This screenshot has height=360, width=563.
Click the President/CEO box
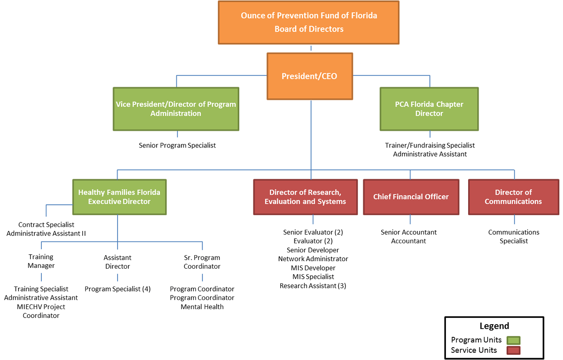point(310,76)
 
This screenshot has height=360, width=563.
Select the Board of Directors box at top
point(309,22)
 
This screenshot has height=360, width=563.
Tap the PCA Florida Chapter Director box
point(429,109)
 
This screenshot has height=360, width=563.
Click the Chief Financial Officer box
point(410,197)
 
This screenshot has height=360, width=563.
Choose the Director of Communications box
point(513,197)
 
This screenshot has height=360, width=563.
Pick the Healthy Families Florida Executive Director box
point(119,197)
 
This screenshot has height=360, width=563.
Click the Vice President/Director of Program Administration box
point(176,109)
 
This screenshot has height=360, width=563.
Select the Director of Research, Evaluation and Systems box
point(306,197)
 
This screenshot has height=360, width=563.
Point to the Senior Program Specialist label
point(177,146)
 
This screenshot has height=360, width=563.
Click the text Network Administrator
point(313,259)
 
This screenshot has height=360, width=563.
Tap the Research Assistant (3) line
point(313,286)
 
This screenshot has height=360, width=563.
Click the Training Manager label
point(41,261)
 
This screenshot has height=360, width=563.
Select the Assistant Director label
point(118,262)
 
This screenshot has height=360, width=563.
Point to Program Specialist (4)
point(118,289)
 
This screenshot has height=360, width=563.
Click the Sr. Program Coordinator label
point(202,262)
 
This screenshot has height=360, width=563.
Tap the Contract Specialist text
point(46,225)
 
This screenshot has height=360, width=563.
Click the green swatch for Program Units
point(514,340)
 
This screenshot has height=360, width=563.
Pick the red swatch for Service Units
point(514,350)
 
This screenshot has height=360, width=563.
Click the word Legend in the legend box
point(494,326)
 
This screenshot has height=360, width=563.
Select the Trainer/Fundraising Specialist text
point(430,145)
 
